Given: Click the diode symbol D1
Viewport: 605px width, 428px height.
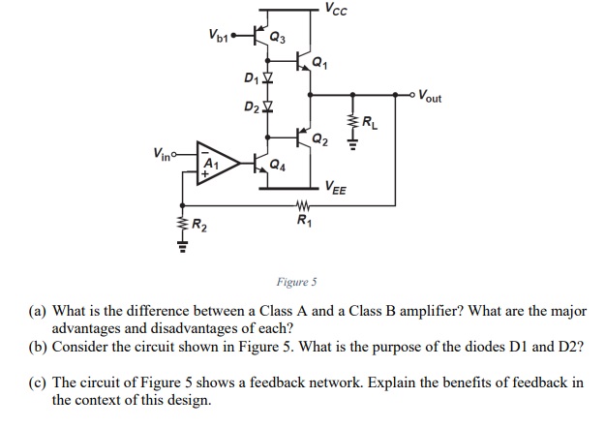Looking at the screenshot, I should click(269, 76).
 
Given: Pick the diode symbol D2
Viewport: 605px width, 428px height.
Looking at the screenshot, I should click(269, 104).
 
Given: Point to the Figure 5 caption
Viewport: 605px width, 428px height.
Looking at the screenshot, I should click(296, 283).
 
